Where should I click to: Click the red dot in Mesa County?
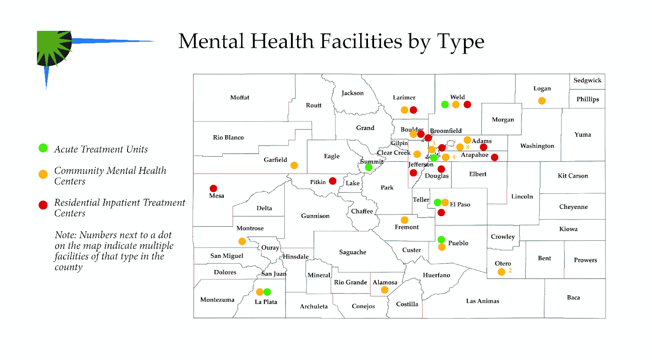pos(213,188)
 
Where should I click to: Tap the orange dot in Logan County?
pos(542,101)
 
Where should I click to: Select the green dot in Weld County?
pos(445,104)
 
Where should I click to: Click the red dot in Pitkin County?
pos(333,181)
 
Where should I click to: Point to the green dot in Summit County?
pos(369,167)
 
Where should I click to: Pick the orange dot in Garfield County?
pos(294,165)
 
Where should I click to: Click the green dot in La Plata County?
pos(267,292)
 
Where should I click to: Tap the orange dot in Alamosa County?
pos(384,290)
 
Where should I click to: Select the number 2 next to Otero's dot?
pos(510,270)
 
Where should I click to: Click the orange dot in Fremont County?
pos(404,220)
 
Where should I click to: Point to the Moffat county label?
pos(240,97)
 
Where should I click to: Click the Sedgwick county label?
pos(587,80)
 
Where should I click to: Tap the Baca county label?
pos(573,297)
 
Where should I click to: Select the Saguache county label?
pos(352,252)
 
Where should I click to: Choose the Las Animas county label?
pos(482,301)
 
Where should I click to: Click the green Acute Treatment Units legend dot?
pos(43,148)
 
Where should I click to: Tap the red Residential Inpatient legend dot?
pos(43,205)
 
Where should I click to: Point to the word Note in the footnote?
pos(65,235)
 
